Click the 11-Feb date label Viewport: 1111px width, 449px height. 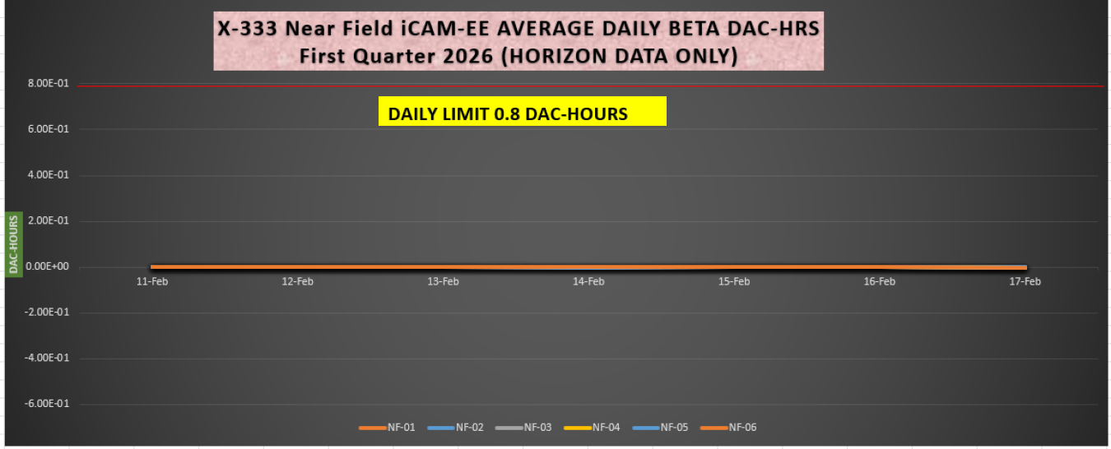151,281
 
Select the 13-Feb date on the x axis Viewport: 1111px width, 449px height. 443,281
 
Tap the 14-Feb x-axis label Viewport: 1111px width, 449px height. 588,281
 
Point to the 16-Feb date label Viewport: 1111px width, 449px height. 879,281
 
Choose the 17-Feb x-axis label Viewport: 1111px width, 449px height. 1025,281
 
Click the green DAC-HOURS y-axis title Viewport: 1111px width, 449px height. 13,244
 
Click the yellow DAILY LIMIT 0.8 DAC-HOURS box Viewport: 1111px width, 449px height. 522,113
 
